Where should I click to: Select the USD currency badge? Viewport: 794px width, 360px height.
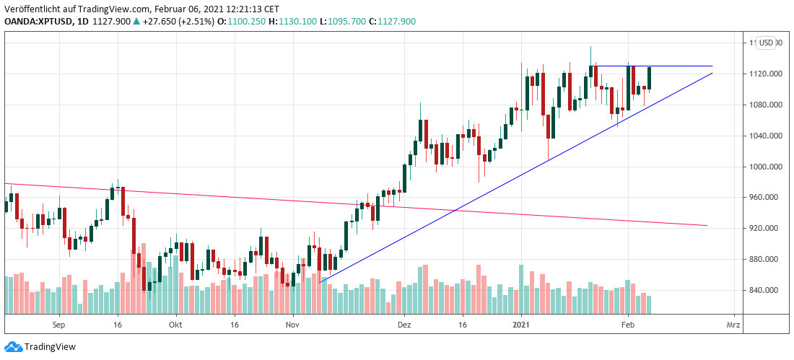pos(767,43)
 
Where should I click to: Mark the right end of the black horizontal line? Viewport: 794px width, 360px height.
pos(712,66)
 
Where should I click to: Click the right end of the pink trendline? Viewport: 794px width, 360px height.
pos(707,226)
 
